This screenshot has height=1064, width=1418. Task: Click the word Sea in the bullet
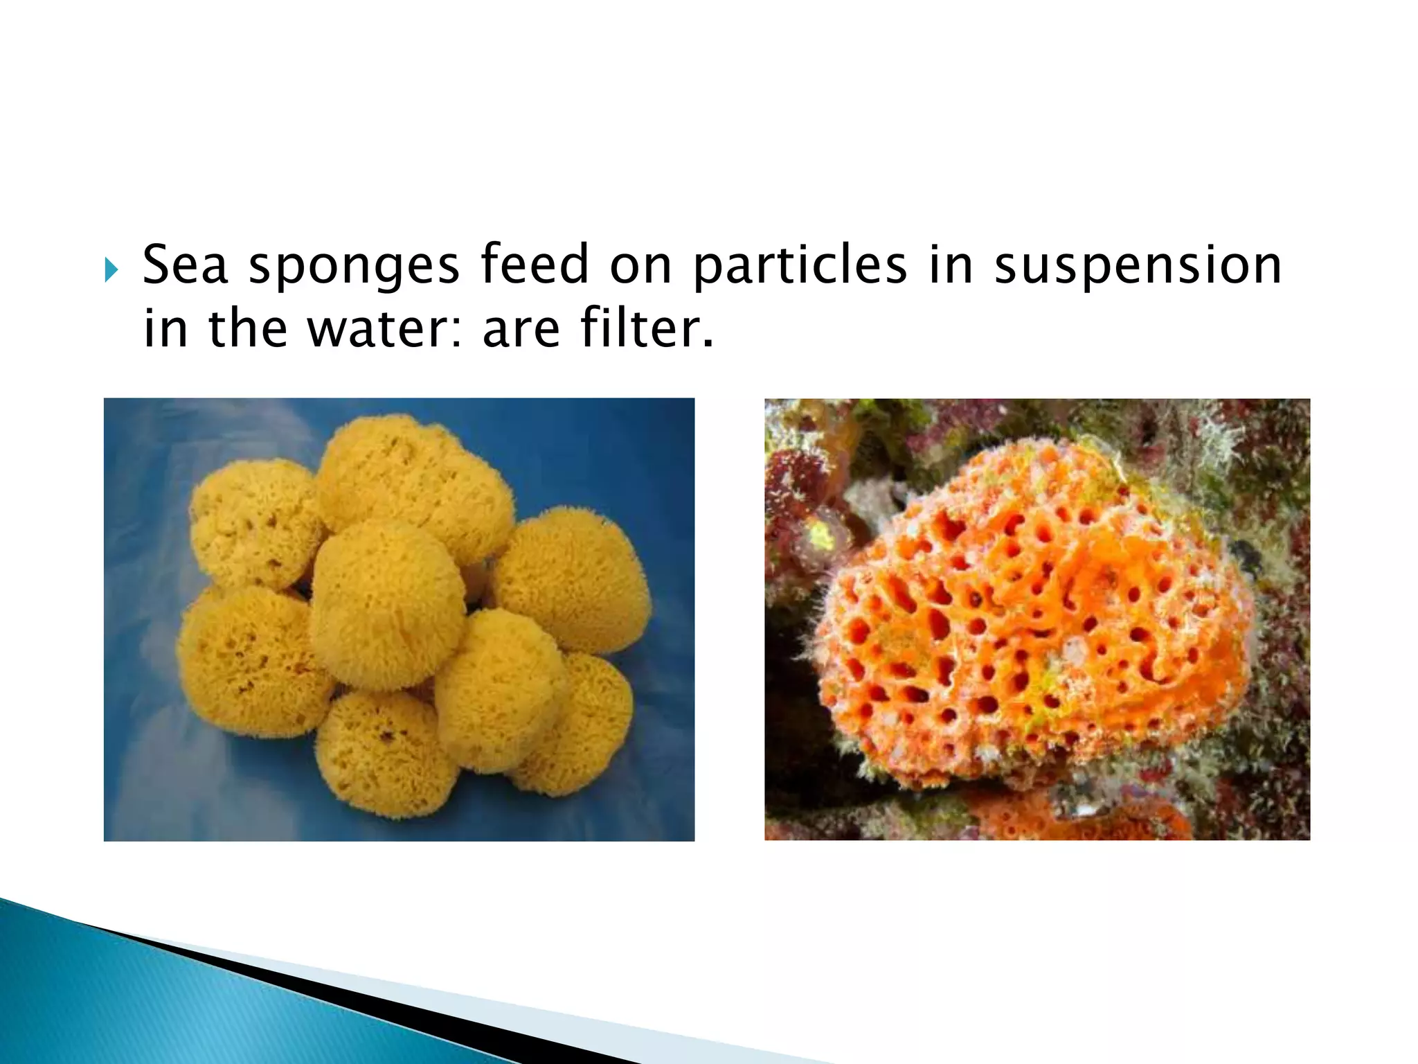point(185,265)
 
